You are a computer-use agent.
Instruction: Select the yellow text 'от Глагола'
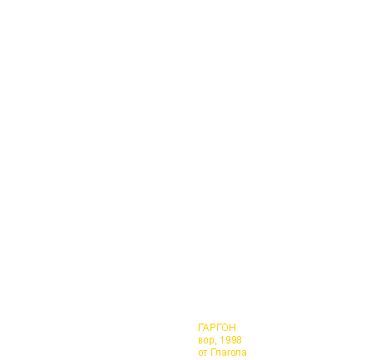click(x=223, y=352)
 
